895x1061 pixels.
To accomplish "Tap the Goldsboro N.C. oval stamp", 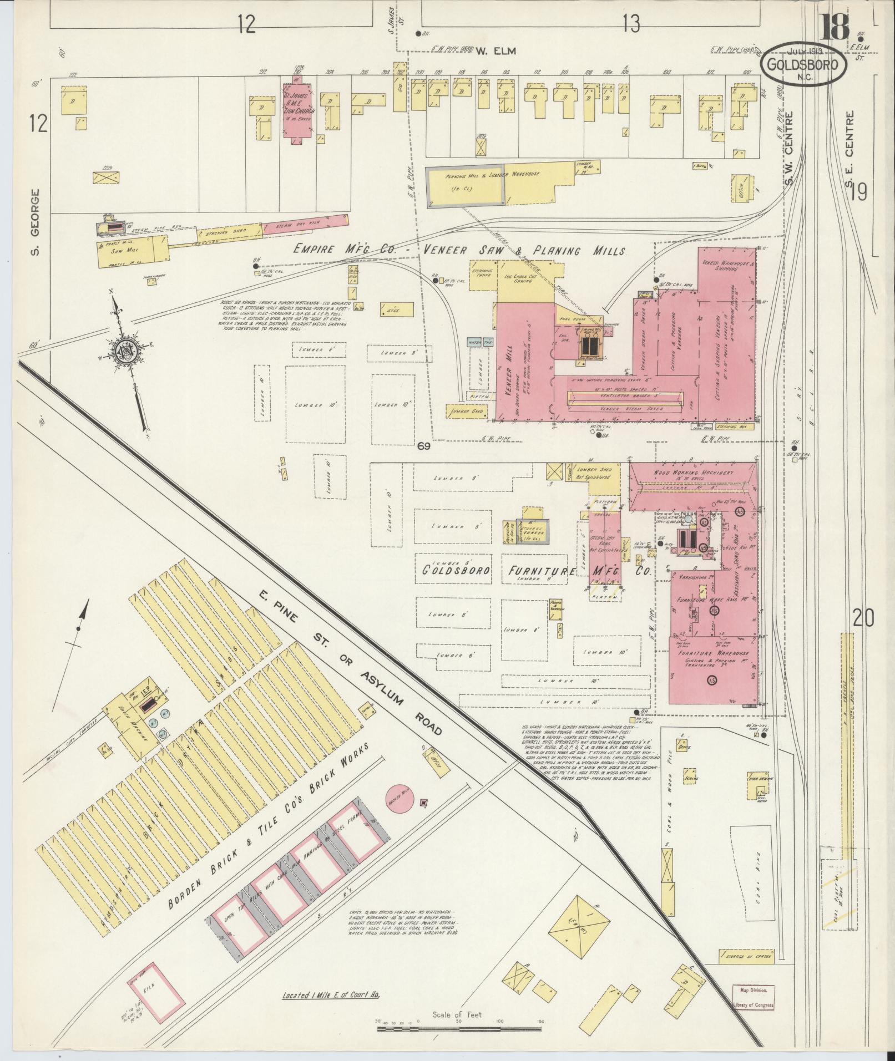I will click(x=803, y=64).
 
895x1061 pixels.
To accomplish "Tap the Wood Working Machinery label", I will click(x=694, y=473).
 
